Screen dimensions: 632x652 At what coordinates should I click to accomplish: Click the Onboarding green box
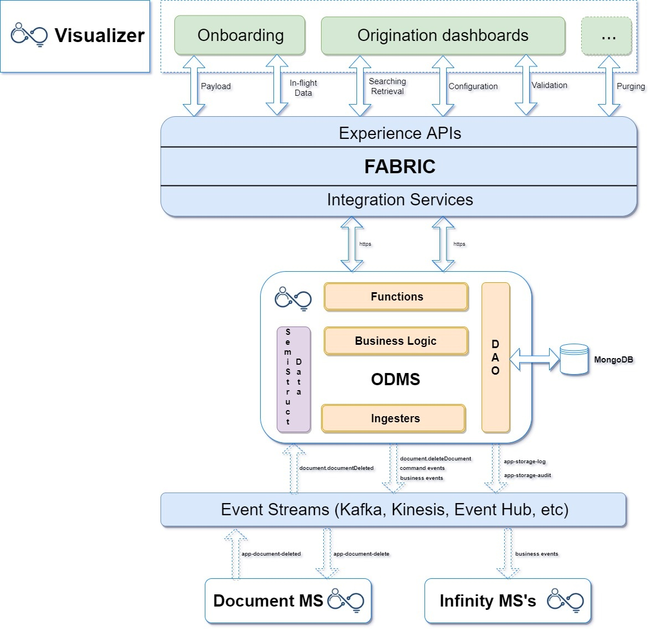pyautogui.click(x=240, y=35)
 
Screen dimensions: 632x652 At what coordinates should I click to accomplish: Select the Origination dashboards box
pyautogui.click(x=443, y=35)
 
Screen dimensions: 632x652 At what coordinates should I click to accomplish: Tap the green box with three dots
pyautogui.click(x=607, y=36)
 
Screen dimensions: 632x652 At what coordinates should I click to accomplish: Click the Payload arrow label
pyautogui.click(x=216, y=86)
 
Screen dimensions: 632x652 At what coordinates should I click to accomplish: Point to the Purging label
pyautogui.click(x=631, y=86)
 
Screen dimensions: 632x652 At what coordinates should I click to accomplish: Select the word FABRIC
pyautogui.click(x=400, y=167)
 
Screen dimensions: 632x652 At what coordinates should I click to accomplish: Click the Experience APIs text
pyautogui.click(x=400, y=133)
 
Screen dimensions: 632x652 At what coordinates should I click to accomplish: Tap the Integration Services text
pyautogui.click(x=400, y=200)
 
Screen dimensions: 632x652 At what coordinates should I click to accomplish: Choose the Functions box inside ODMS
pyautogui.click(x=396, y=297)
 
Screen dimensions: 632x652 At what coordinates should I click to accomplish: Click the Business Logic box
pyautogui.click(x=396, y=341)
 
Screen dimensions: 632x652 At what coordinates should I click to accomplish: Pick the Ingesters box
pyautogui.click(x=395, y=418)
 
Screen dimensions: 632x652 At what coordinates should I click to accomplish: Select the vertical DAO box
pyautogui.click(x=495, y=358)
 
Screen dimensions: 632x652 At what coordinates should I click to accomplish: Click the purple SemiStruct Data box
pyautogui.click(x=293, y=380)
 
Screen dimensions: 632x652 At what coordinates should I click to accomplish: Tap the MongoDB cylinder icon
pyautogui.click(x=574, y=360)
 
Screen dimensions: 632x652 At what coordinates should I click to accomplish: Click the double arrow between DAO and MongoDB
pyautogui.click(x=534, y=359)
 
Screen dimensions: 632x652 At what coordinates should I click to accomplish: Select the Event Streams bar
pyautogui.click(x=394, y=510)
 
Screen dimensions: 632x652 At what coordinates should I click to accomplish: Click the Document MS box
pyautogui.click(x=288, y=601)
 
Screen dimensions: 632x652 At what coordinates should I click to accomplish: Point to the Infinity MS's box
pyautogui.click(x=508, y=601)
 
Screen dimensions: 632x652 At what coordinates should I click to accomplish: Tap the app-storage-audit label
pyautogui.click(x=527, y=475)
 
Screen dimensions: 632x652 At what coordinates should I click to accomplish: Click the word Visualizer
pyautogui.click(x=100, y=35)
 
